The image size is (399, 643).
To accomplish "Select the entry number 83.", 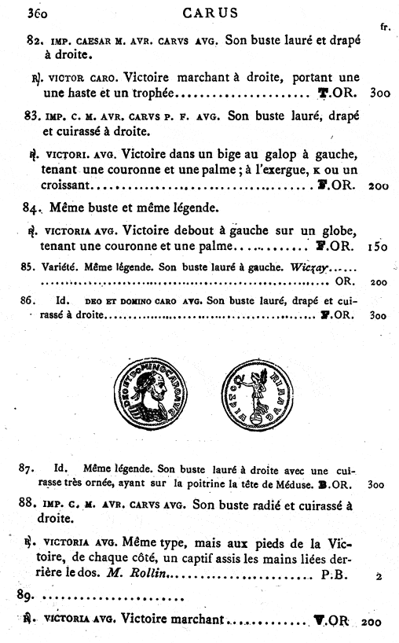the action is click(32, 116).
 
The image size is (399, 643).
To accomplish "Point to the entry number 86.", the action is click(29, 300).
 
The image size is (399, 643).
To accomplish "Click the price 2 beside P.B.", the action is click(379, 576).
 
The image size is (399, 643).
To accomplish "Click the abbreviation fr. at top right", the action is click(385, 27).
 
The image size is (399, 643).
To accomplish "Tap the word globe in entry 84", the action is click(342, 230).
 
